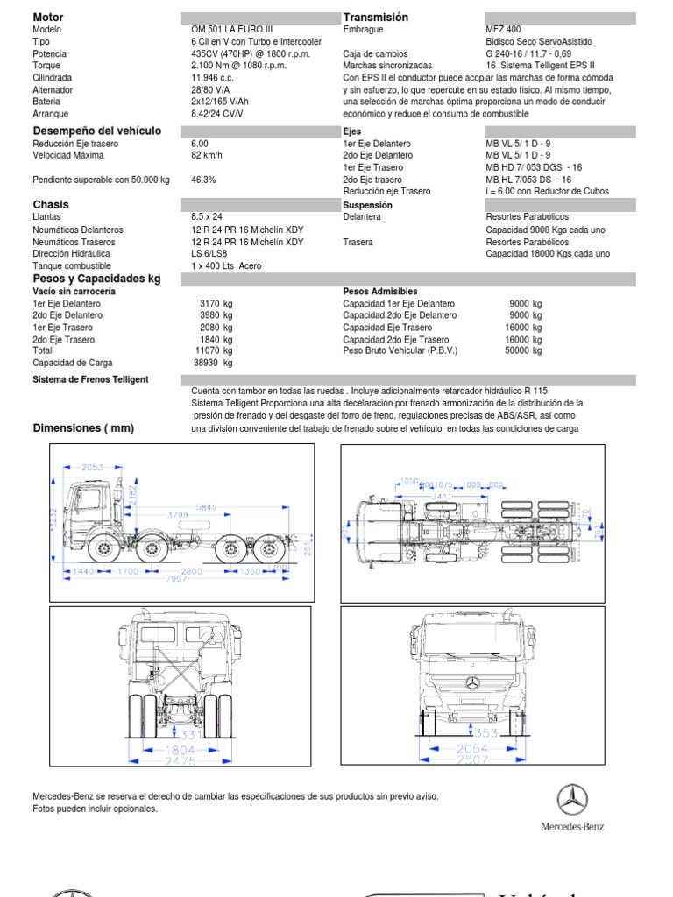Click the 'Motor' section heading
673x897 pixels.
[47, 18]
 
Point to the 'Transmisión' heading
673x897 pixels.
[376, 18]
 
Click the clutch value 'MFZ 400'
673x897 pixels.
[503, 29]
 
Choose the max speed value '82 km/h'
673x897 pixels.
[208, 155]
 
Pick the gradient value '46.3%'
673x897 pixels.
[203, 180]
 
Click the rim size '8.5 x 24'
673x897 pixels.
[207, 216]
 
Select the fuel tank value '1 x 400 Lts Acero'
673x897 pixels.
[226, 265]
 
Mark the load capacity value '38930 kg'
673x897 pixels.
[214, 363]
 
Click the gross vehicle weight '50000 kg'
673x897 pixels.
[524, 350]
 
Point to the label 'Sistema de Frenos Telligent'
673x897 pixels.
[90, 379]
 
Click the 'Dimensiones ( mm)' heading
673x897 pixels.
[83, 427]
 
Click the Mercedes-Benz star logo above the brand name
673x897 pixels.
[572, 799]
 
